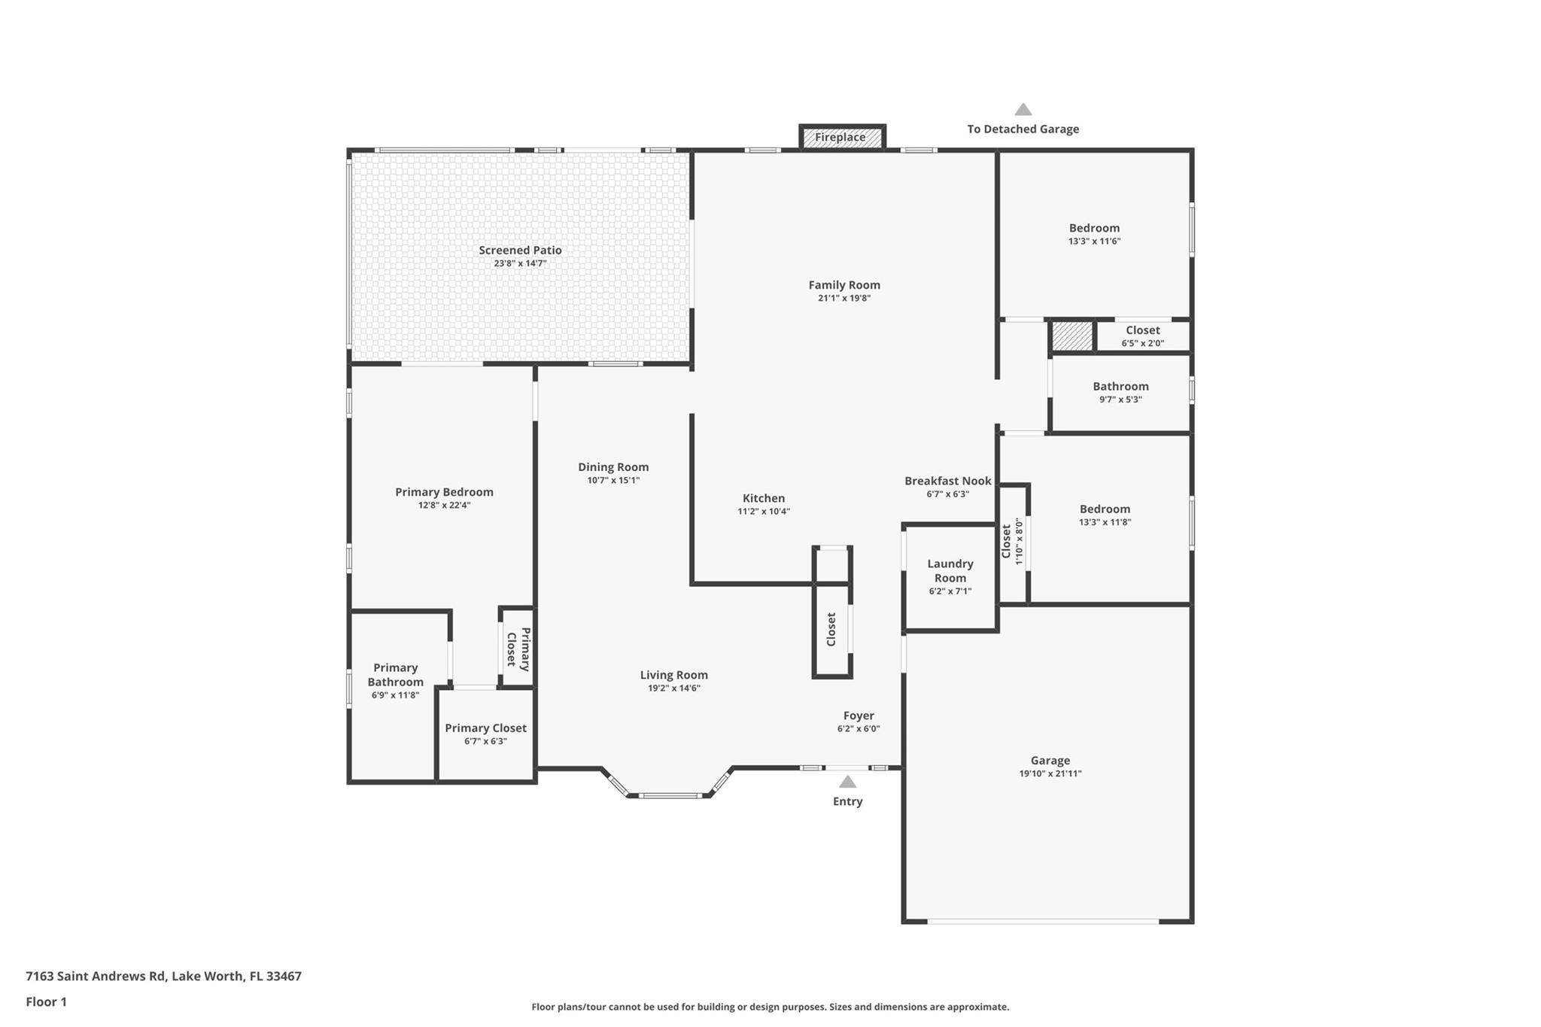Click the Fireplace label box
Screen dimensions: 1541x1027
pyautogui.click(x=841, y=137)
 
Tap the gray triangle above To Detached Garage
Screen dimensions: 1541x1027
pyautogui.click(x=1023, y=109)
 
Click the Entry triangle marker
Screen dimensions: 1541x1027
pyautogui.click(x=847, y=782)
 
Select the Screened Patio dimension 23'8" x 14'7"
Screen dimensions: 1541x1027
pyautogui.click(x=520, y=263)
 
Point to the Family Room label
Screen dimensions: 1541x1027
pyautogui.click(x=844, y=284)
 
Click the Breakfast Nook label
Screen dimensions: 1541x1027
pyautogui.click(x=947, y=481)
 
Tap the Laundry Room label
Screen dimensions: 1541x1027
pyautogui.click(x=950, y=570)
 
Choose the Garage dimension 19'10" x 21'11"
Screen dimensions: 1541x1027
pyautogui.click(x=1050, y=773)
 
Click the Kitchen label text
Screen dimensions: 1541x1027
pyautogui.click(x=764, y=498)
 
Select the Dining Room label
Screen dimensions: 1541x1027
pyautogui.click(x=613, y=467)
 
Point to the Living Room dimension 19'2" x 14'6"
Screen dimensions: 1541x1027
pyautogui.click(x=674, y=688)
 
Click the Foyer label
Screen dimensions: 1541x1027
pyautogui.click(x=859, y=716)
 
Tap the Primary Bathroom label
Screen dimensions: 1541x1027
pyautogui.click(x=396, y=675)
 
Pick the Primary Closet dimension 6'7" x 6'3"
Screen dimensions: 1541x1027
pyautogui.click(x=486, y=741)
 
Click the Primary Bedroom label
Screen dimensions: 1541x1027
pyautogui.click(x=445, y=492)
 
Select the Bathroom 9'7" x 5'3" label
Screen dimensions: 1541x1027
pyautogui.click(x=1121, y=387)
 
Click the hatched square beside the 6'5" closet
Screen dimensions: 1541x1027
pyautogui.click(x=1071, y=336)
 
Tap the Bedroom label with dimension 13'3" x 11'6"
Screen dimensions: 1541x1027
pyautogui.click(x=1094, y=228)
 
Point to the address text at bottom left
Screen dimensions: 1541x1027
pyautogui.click(x=163, y=977)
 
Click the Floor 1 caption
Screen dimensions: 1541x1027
pyautogui.click(x=47, y=1001)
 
